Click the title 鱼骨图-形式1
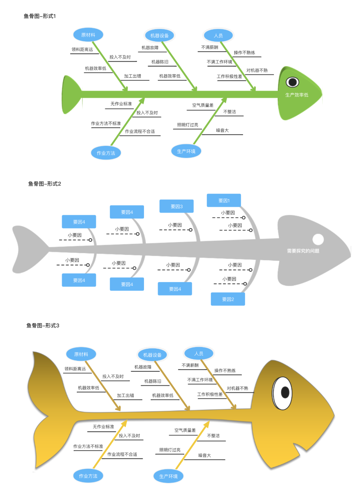40,16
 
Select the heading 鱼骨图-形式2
44,184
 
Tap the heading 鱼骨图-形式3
43,325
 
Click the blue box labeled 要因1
224,201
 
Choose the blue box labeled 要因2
228,299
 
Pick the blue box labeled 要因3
176,207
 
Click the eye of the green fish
292,82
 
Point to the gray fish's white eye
318,239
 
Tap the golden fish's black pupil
285,392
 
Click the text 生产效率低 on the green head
297,95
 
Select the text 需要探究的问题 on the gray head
303,251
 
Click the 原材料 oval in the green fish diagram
88,35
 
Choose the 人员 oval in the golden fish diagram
199,353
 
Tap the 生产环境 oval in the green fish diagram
186,151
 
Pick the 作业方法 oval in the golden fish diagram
88,476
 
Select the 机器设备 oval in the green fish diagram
159,36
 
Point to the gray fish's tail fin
28,248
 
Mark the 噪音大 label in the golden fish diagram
204,455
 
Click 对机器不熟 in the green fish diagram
257,70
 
